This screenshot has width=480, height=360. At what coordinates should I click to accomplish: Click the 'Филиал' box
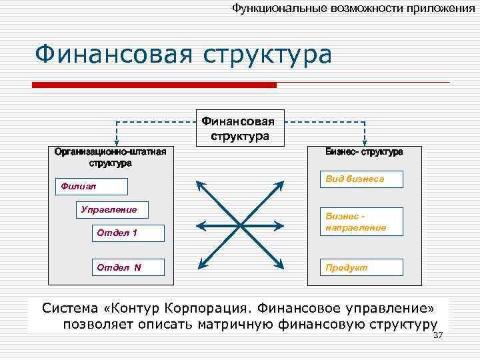coord(90,186)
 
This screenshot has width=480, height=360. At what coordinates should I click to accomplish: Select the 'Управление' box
coord(112,209)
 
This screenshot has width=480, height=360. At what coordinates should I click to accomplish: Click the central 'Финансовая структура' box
coord(241,127)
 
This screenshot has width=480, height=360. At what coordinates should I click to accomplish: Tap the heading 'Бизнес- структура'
coord(364,152)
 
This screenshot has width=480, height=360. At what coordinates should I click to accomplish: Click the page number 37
coord(438,335)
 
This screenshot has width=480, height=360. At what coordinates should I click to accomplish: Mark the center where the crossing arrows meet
coord(241,225)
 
